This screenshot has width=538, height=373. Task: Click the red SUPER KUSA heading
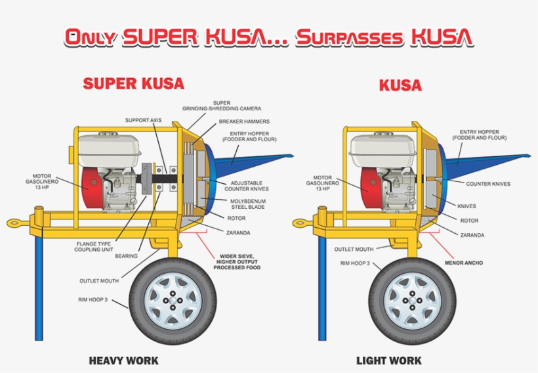133,83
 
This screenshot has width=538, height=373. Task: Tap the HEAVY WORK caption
123,361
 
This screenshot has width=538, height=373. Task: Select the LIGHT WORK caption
389,361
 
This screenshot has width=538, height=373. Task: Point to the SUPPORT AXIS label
143,121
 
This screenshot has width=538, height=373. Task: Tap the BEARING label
126,256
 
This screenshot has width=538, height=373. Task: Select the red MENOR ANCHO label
463,263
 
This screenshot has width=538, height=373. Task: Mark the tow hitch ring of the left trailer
14,223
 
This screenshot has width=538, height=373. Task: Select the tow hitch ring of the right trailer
301,223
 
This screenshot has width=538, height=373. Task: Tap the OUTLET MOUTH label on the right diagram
354,249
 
